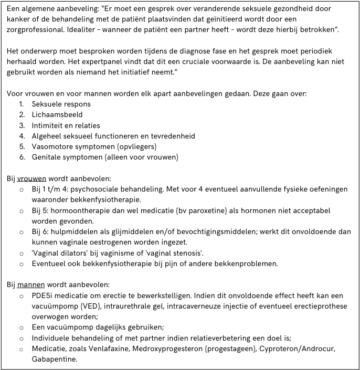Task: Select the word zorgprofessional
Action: click(x=38, y=29)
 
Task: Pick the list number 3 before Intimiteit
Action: click(x=23, y=125)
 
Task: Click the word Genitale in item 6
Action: click(x=47, y=157)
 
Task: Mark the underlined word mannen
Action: click(x=31, y=285)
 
